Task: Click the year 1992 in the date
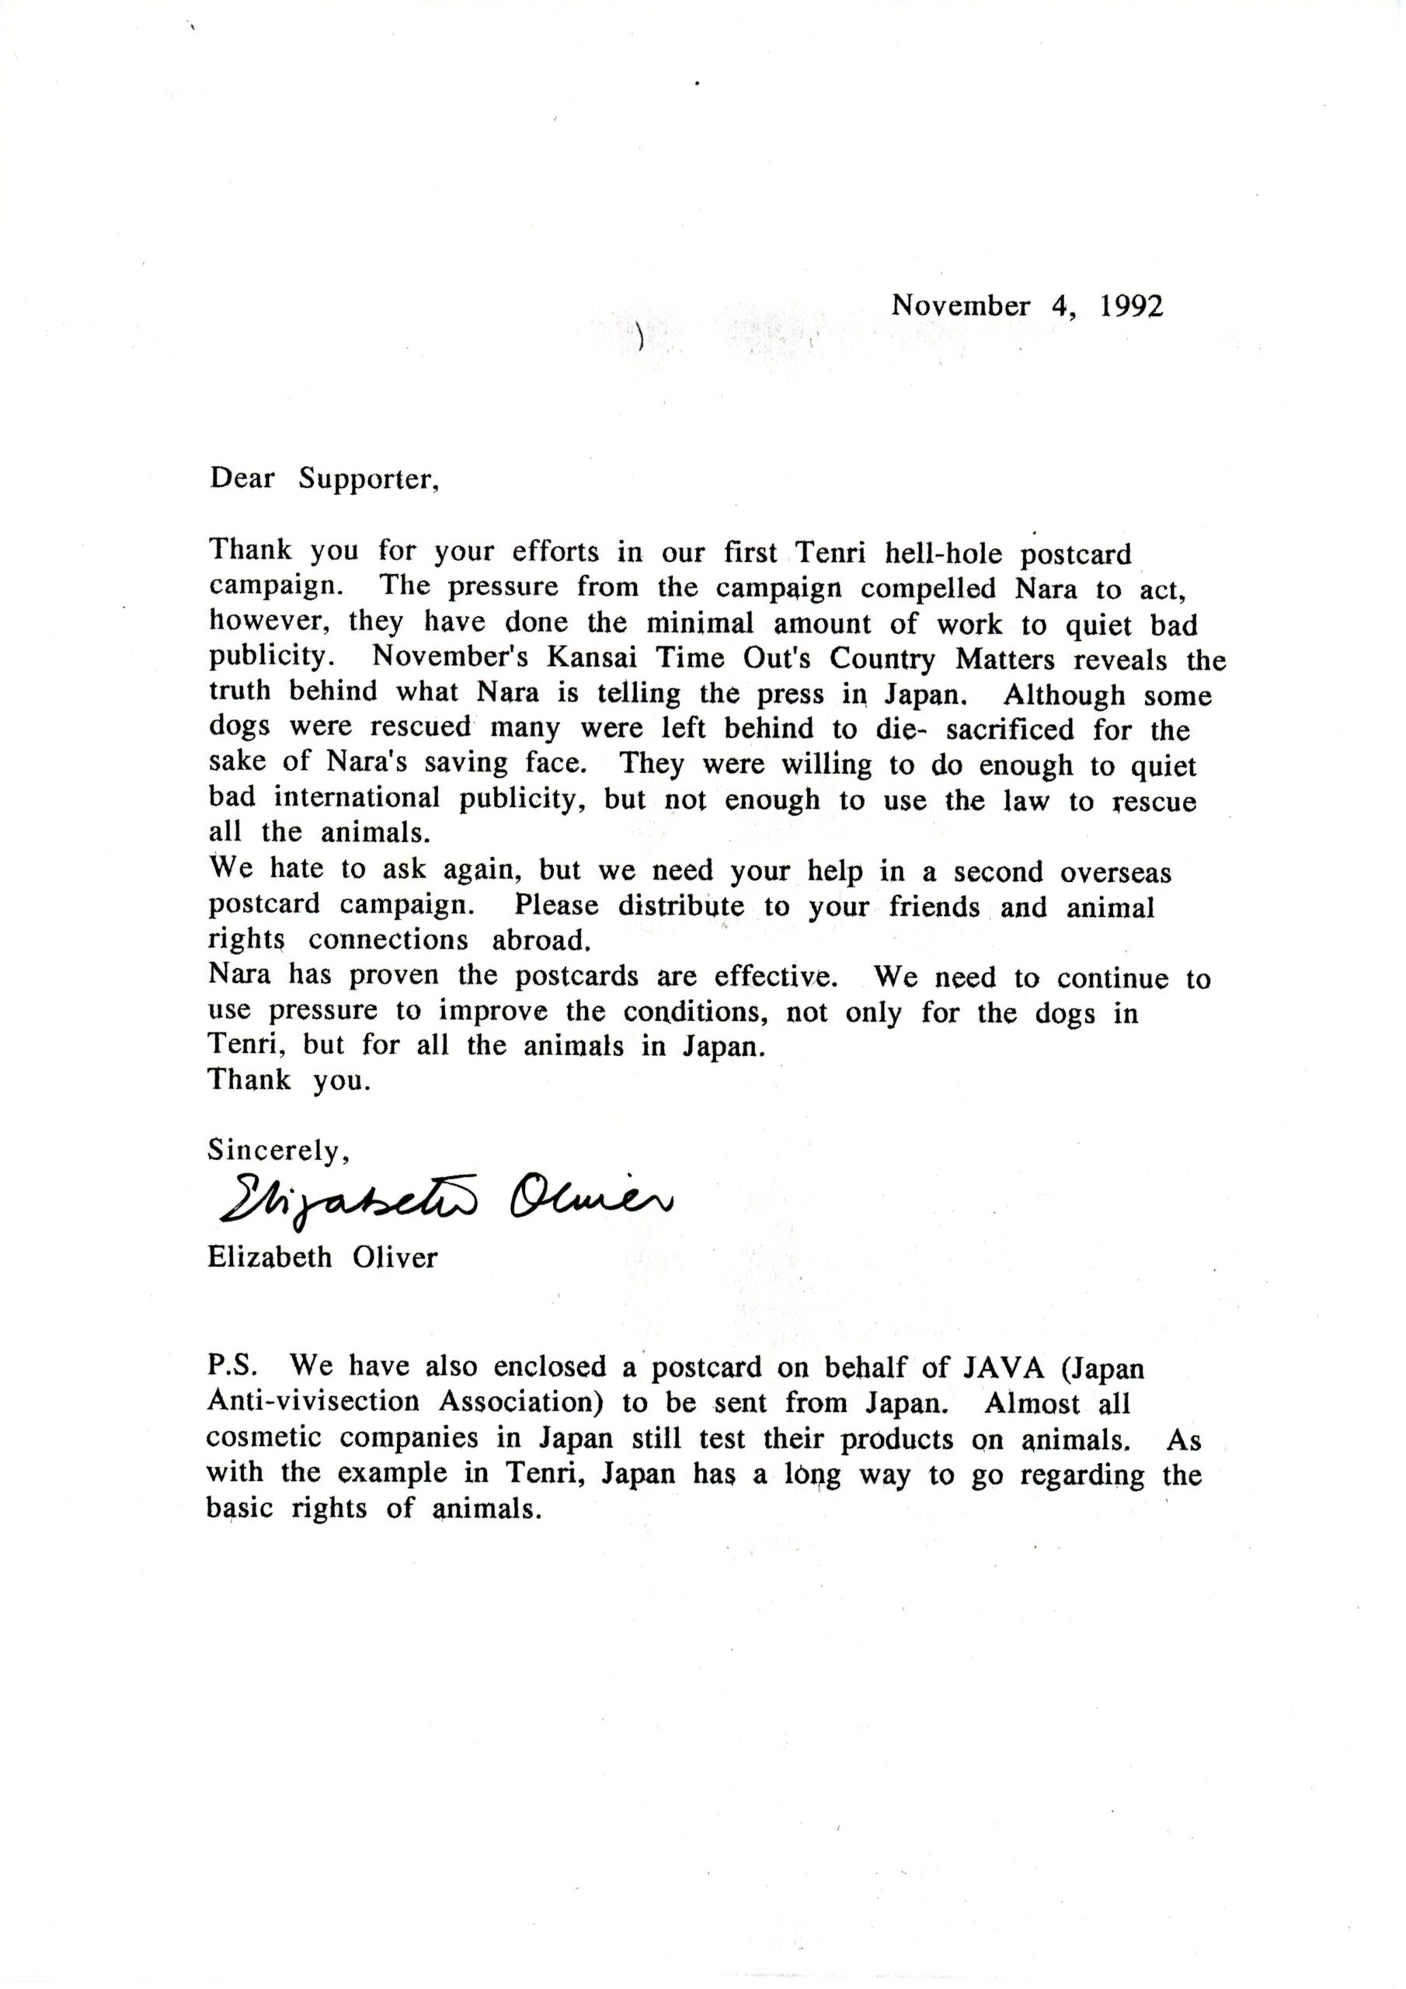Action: [1131, 306]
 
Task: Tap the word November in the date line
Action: [962, 306]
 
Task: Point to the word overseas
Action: [1115, 872]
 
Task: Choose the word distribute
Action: [681, 906]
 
